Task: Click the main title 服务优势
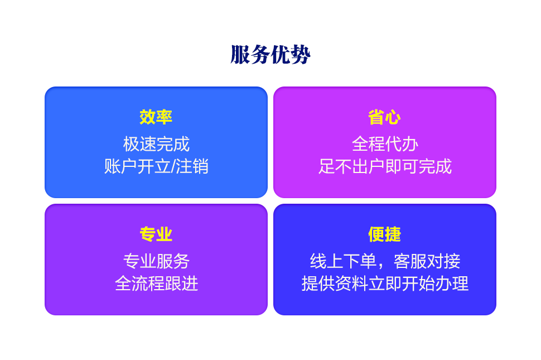(270, 55)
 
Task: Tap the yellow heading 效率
(156, 117)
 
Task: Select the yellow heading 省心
(385, 117)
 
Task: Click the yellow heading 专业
(156, 234)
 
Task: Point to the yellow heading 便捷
(385, 234)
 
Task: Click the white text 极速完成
(156, 144)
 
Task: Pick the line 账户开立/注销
(156, 166)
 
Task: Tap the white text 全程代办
(385, 144)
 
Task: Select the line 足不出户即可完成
(385, 166)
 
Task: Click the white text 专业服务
(156, 261)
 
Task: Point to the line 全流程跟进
(156, 284)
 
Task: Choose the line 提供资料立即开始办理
(385, 284)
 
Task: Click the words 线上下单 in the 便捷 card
(343, 261)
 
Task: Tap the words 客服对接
(427, 261)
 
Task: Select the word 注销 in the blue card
(192, 166)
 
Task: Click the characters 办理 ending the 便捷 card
(452, 284)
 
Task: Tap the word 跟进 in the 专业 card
(181, 284)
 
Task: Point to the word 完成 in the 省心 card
(435, 166)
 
